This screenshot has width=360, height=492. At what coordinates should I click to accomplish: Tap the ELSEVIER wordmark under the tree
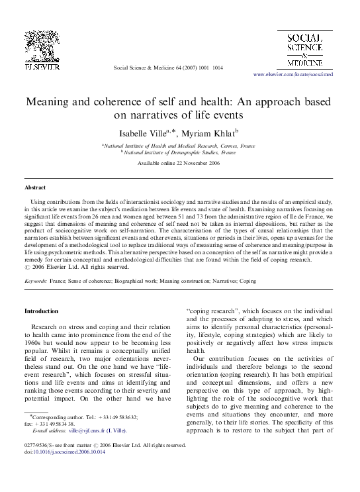(x=44, y=67)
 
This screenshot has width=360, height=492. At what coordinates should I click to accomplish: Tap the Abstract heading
(x=35, y=188)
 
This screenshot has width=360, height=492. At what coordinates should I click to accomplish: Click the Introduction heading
(x=42, y=311)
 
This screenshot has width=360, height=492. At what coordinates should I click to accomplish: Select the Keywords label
(x=35, y=281)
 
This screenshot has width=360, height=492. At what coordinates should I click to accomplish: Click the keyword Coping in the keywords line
(x=247, y=281)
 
